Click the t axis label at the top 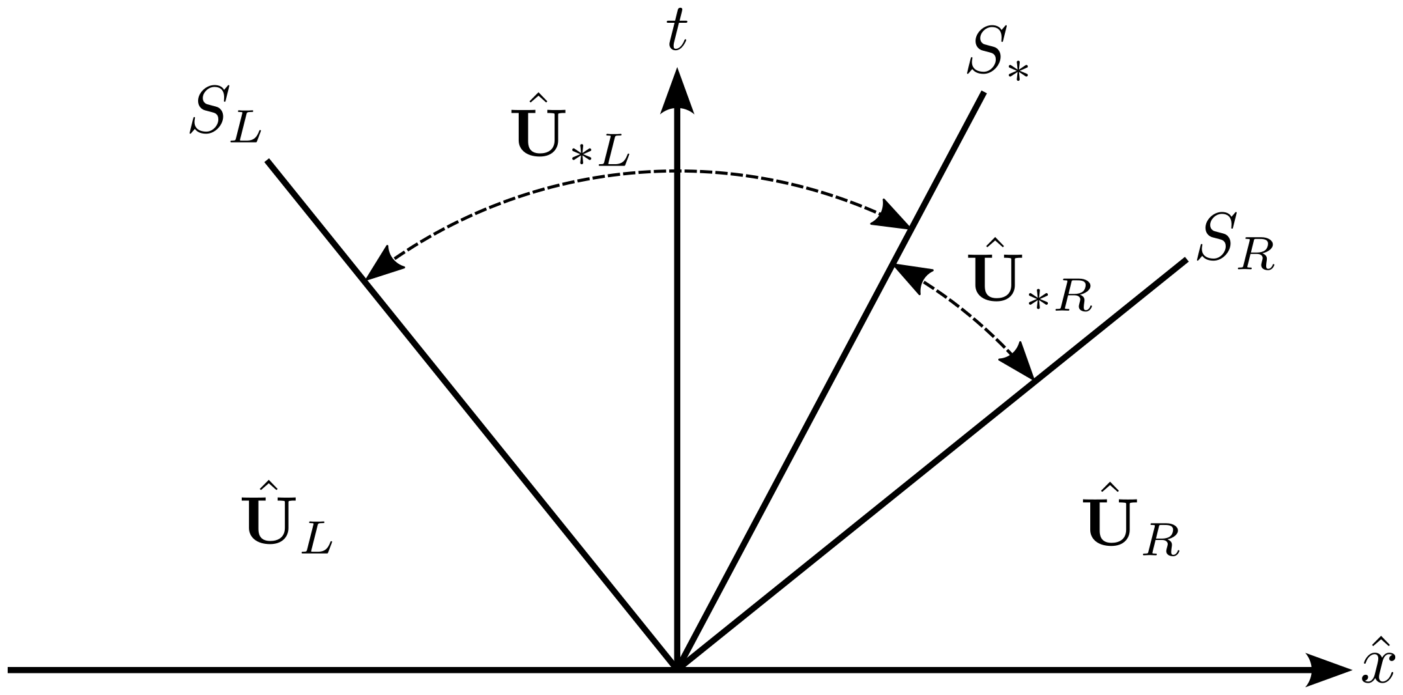tap(676, 34)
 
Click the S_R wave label tap(1236, 251)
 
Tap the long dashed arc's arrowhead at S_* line tap(893, 219)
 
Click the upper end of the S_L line tap(268, 161)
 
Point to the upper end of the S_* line tap(983, 94)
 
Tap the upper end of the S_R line tap(1185, 261)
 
